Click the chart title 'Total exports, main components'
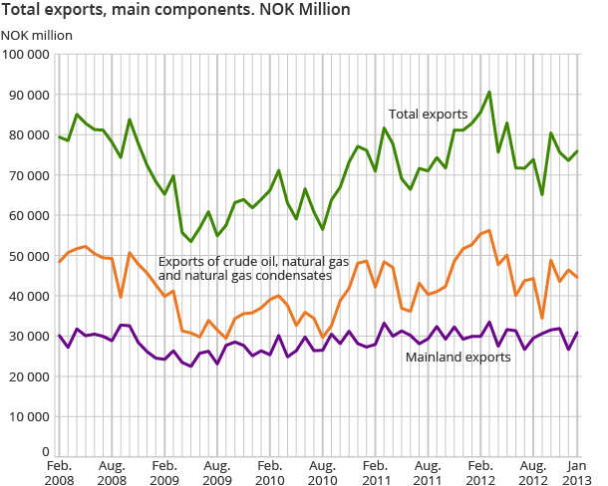click(x=175, y=11)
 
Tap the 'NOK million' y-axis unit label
click(x=37, y=35)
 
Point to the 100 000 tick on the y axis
click(x=27, y=54)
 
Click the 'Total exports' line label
click(x=428, y=115)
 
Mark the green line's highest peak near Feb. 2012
click(x=489, y=93)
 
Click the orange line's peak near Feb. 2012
click(x=489, y=230)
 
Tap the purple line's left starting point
click(x=59, y=336)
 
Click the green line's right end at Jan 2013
click(x=577, y=151)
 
